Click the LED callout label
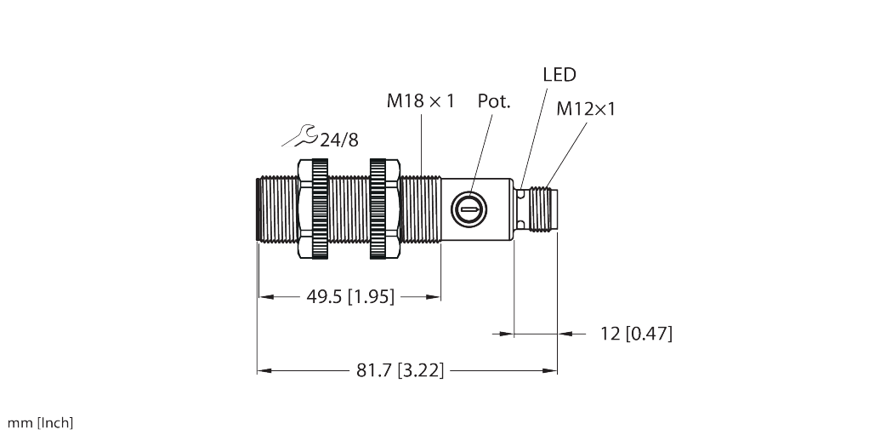click(559, 74)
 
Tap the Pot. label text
click(494, 101)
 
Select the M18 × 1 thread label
click(421, 101)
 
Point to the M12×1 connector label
click(586, 109)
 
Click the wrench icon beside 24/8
click(299, 136)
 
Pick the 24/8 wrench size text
click(339, 140)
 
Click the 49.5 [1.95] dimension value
click(350, 297)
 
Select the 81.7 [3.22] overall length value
click(400, 370)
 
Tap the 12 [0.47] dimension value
click(636, 334)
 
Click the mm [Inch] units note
click(40, 423)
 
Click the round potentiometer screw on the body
click(469, 209)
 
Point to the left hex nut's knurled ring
click(320, 209)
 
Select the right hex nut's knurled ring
click(378, 209)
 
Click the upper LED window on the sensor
click(520, 193)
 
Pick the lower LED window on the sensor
click(520, 224)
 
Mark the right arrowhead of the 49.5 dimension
click(434, 297)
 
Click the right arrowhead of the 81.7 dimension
click(550, 370)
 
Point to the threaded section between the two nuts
click(349, 209)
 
